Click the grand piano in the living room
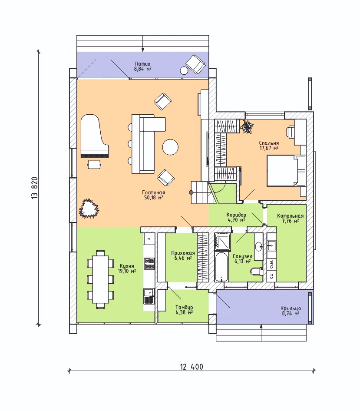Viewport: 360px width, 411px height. click(x=94, y=136)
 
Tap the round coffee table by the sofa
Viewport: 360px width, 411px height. click(x=170, y=147)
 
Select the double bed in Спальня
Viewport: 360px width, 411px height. click(x=286, y=171)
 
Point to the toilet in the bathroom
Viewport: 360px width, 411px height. click(x=257, y=271)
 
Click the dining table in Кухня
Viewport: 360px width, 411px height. click(x=101, y=279)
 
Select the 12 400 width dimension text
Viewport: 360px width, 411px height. click(x=192, y=367)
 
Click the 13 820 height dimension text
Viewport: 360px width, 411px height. click(x=35, y=188)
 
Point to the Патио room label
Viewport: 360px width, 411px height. click(x=143, y=64)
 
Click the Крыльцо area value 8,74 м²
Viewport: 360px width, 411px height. click(x=291, y=313)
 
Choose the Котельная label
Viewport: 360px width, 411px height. click(x=291, y=216)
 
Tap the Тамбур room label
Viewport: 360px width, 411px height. click(x=184, y=307)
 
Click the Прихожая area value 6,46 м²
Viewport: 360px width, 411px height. click(x=183, y=258)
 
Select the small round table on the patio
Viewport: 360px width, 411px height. click(x=184, y=70)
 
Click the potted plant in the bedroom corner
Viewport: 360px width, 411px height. click(x=247, y=127)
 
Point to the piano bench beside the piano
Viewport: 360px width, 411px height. click(x=94, y=165)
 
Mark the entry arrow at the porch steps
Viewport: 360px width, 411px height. click(x=261, y=333)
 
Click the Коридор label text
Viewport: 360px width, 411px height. click(x=236, y=215)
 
